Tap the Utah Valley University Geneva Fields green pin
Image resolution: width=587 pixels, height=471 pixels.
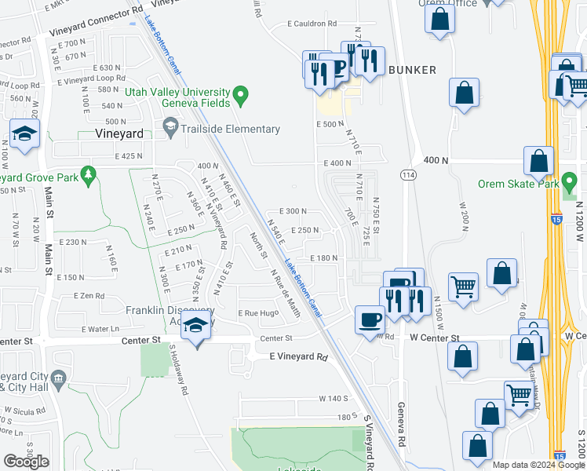[242, 97]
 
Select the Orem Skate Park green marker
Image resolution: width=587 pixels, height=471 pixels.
[571, 184]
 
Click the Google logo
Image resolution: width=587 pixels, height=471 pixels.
[26, 462]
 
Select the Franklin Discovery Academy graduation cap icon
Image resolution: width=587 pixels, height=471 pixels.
[195, 327]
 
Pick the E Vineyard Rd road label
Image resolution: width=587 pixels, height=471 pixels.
[298, 356]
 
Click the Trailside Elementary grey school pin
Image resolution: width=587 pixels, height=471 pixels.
[170, 126]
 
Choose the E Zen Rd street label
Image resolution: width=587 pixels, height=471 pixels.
[89, 296]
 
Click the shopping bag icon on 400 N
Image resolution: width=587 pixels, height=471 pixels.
[538, 161]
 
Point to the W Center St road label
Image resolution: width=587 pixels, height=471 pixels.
[434, 338]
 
